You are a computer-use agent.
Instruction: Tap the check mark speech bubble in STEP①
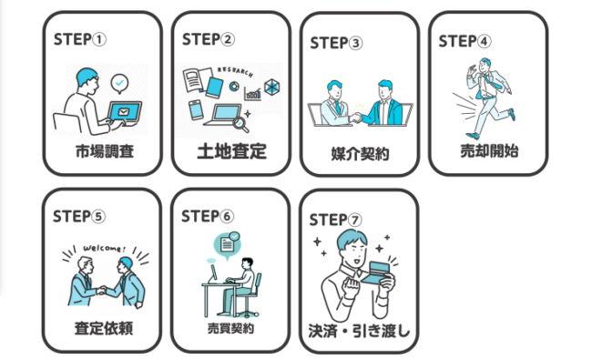pyautogui.click(x=119, y=84)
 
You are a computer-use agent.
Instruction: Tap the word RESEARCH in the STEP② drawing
pyautogui.click(x=240, y=73)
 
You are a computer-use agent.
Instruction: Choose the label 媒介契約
pyautogui.click(x=360, y=153)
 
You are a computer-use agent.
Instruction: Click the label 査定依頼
pyautogui.click(x=103, y=326)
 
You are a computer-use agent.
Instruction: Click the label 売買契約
pyautogui.click(x=230, y=326)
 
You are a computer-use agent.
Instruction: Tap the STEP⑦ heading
pyautogui.click(x=336, y=220)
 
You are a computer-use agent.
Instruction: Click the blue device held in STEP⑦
pyautogui.click(x=375, y=271)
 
